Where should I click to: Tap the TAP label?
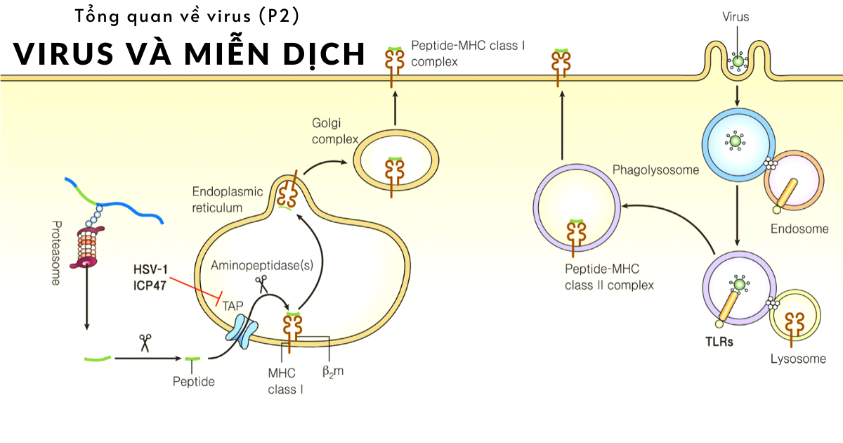pos(233,307)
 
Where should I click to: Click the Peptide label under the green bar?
pos(193,382)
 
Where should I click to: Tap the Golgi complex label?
pos(335,131)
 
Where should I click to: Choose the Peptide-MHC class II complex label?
pos(610,278)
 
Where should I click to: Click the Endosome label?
pos(799,229)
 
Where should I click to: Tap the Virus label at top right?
pos(736,17)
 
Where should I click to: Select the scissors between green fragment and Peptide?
pos(145,342)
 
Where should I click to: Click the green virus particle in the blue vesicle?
pos(736,141)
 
